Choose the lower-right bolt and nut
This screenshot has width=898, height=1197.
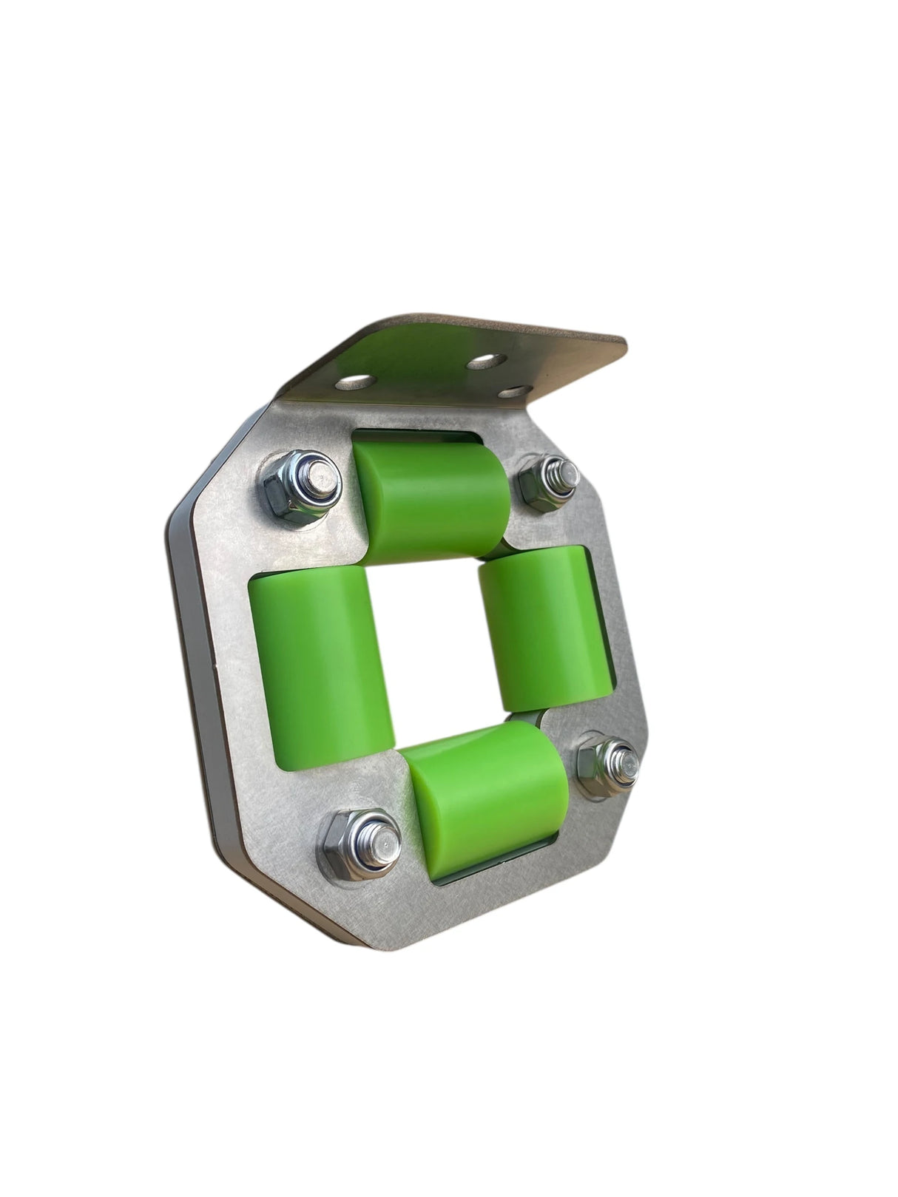[x=607, y=765]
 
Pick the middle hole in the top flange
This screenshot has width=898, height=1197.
[x=485, y=362]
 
